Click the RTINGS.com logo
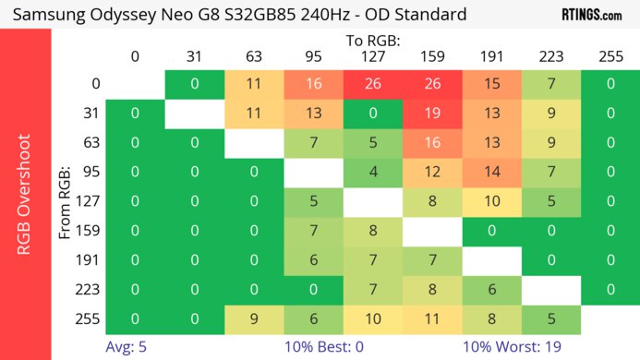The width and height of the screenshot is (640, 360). (x=592, y=15)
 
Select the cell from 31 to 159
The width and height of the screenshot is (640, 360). (x=431, y=115)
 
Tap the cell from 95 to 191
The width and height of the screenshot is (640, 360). (x=491, y=172)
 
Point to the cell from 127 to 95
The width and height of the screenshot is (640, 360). (x=313, y=201)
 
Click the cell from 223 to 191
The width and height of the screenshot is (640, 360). (x=491, y=288)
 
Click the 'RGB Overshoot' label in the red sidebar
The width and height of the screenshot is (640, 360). (x=26, y=201)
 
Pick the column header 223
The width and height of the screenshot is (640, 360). (x=550, y=56)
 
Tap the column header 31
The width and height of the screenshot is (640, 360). (x=194, y=56)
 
